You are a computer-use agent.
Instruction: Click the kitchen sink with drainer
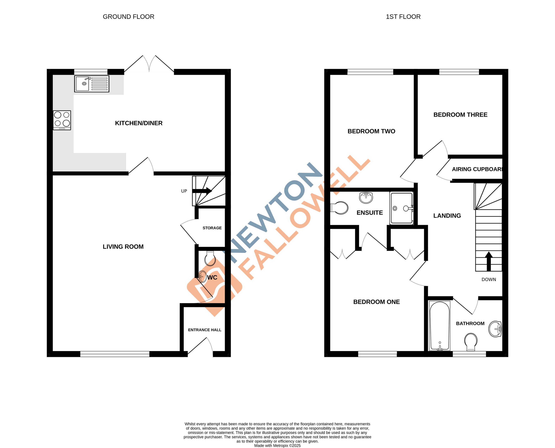pyautogui.click(x=92, y=84)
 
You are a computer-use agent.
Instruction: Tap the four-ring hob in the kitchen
pyautogui.click(x=62, y=120)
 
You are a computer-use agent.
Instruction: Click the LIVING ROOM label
pyautogui.click(x=123, y=247)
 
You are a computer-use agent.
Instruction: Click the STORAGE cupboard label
pyautogui.click(x=212, y=228)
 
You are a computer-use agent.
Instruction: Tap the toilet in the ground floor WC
pyautogui.click(x=210, y=258)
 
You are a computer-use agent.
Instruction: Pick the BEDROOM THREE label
pyautogui.click(x=460, y=115)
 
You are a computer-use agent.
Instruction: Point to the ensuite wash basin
pyautogui.click(x=366, y=198)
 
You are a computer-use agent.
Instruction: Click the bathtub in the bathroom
pyautogui.click(x=440, y=326)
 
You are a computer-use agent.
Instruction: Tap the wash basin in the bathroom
pyautogui.click(x=495, y=329)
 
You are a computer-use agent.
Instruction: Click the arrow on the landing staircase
pyautogui.click(x=489, y=261)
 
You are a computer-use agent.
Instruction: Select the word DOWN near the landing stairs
pyautogui.click(x=489, y=279)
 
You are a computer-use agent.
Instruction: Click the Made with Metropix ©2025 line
pyautogui.click(x=277, y=445)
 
